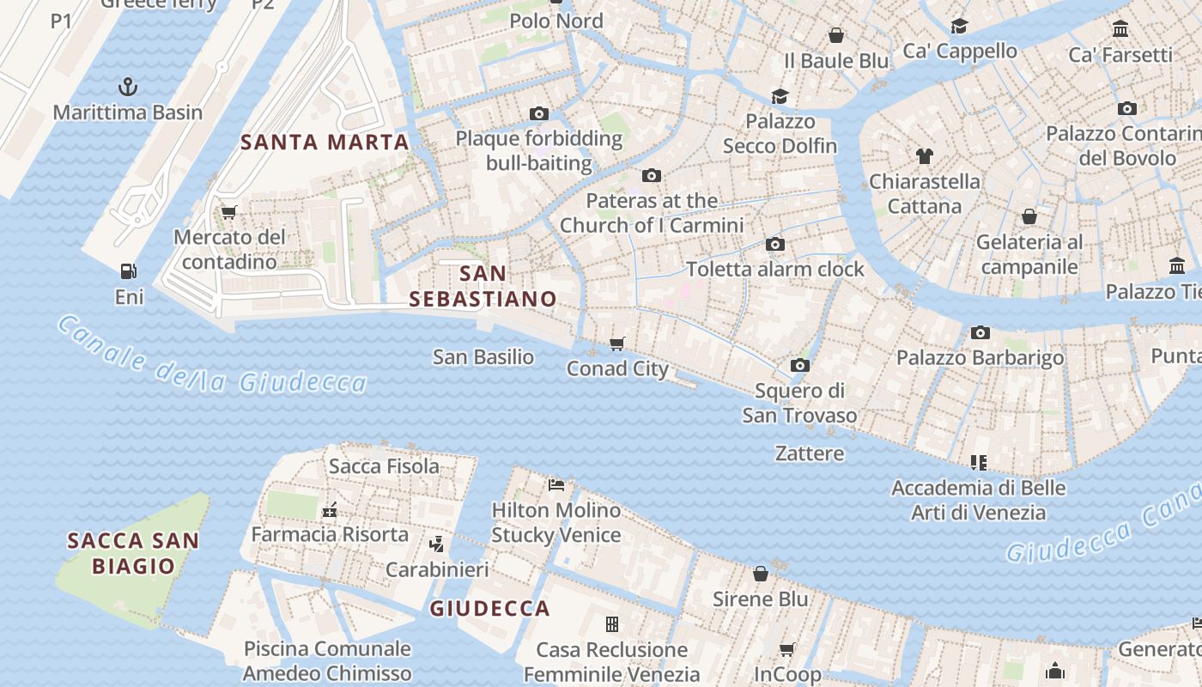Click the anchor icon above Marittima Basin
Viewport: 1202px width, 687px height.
(127, 87)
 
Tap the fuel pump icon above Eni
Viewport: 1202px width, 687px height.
(129, 271)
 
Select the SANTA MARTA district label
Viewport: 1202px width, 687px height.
(325, 143)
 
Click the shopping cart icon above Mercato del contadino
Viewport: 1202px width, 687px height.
(228, 211)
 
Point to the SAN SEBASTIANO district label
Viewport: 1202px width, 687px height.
(483, 286)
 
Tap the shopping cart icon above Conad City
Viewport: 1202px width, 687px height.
(616, 343)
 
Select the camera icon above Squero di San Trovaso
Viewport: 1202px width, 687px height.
(799, 366)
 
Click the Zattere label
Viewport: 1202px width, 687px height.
(809, 453)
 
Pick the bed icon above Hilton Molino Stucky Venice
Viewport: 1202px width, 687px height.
(556, 485)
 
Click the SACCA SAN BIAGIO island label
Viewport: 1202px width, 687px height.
(133, 553)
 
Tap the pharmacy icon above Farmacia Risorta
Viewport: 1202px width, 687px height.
(329, 510)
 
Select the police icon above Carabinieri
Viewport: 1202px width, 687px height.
(437, 544)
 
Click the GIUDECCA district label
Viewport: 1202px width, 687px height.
(489, 609)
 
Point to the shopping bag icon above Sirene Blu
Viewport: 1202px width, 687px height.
(760, 574)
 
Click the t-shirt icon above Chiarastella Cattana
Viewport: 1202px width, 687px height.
(924, 156)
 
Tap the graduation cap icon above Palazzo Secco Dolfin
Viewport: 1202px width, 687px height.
(780, 96)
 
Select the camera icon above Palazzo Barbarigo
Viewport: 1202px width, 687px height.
(980, 332)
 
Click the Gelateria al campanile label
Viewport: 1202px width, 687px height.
(1029, 254)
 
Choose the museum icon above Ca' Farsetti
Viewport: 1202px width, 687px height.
(1120, 30)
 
